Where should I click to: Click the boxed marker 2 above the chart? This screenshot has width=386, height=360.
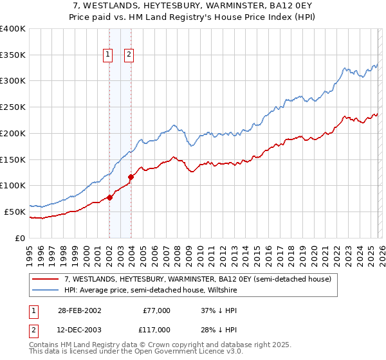point(129,55)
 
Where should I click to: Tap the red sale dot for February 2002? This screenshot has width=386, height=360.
point(110,197)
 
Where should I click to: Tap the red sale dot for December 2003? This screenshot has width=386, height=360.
point(131,176)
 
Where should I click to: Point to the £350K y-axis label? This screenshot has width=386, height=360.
point(13,55)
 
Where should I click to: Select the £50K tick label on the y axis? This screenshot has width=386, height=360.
point(15,212)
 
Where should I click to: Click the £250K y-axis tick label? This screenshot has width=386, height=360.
point(13,107)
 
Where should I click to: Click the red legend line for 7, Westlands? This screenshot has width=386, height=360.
point(46,279)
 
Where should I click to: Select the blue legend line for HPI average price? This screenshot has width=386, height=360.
point(46,290)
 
